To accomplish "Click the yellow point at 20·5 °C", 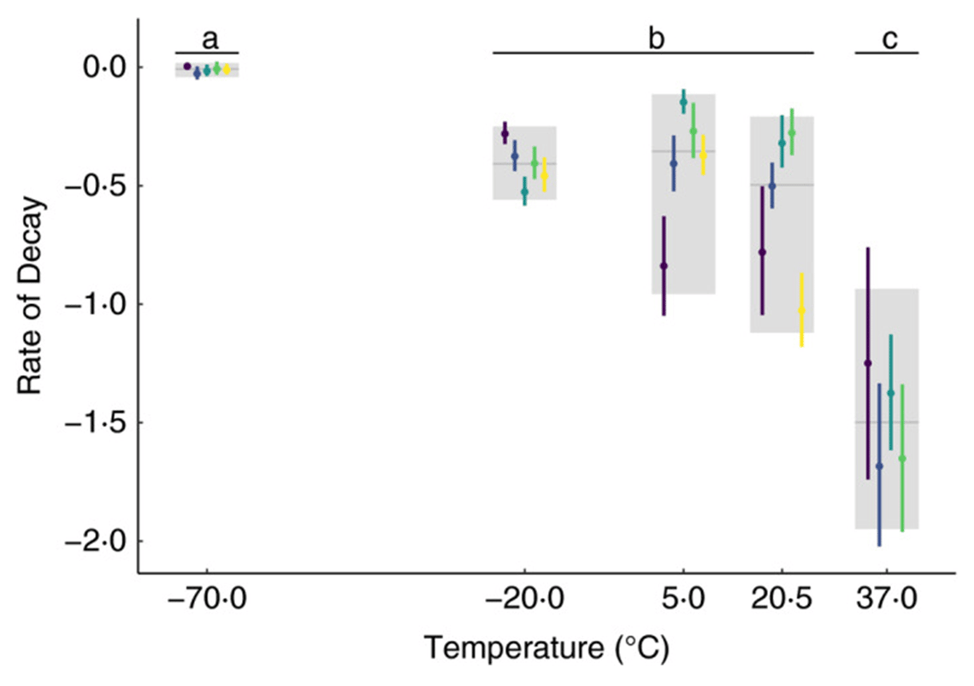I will click(801, 311).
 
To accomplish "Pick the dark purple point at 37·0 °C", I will click(868, 363).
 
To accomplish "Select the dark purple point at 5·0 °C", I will click(664, 266).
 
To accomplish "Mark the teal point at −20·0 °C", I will click(525, 192).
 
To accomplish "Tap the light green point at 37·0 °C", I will click(902, 459).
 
